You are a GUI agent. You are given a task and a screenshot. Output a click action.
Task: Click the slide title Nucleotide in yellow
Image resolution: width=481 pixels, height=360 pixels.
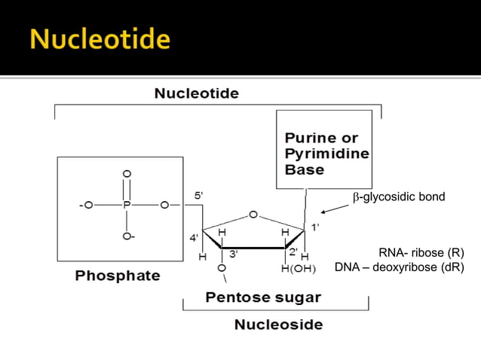[100, 38]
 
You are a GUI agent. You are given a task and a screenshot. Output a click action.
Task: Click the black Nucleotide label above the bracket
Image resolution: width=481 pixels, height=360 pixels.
[196, 94]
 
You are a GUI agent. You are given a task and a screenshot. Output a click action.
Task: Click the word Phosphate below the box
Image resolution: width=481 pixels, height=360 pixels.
[118, 276]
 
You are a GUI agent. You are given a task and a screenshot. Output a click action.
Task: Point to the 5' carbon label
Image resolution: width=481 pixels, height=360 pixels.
[198, 196]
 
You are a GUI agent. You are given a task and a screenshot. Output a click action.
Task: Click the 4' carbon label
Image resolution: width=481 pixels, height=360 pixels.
[194, 238]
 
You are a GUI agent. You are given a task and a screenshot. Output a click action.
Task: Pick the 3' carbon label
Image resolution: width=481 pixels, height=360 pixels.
[234, 255]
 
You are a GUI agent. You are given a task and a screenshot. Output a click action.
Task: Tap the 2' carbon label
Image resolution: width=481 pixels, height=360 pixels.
[294, 252]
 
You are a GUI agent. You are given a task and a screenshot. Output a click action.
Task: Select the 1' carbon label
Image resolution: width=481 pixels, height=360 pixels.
[315, 227]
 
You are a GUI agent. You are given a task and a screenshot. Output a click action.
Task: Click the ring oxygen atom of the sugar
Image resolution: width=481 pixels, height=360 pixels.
[253, 215]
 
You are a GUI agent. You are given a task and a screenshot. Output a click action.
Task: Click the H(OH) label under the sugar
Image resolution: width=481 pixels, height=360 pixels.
[299, 268]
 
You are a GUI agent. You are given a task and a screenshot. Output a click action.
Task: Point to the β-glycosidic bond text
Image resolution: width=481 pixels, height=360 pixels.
[399, 197]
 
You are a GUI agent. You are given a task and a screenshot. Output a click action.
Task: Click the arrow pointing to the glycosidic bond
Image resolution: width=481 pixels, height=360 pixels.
[334, 209]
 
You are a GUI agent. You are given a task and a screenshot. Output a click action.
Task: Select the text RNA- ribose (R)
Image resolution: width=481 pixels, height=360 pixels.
[421, 253]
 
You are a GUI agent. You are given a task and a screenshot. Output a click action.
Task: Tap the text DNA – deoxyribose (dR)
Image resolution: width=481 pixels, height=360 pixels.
[399, 267]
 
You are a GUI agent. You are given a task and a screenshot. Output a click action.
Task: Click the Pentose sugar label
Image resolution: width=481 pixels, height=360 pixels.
[262, 297]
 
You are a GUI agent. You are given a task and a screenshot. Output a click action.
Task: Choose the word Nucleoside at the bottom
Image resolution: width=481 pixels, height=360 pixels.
[278, 325]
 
